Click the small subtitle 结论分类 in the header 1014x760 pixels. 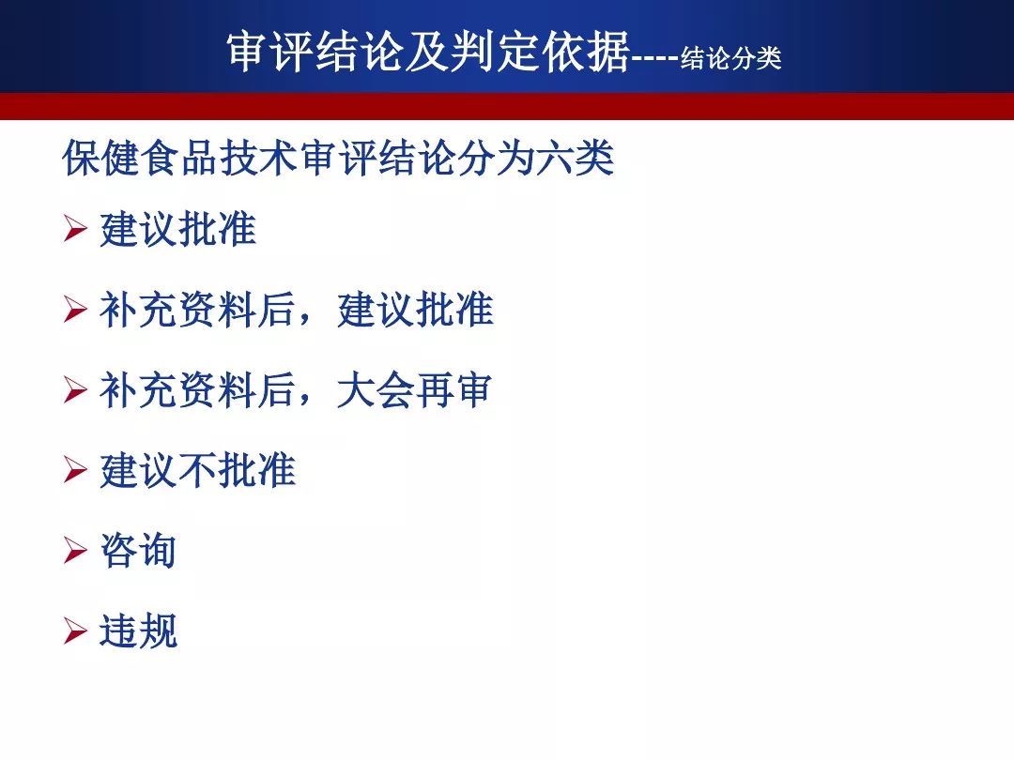point(730,59)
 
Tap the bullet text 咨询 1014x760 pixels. point(138,551)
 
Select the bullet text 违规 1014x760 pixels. point(138,631)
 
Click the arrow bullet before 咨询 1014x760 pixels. point(75,552)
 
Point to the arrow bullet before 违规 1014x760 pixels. point(75,631)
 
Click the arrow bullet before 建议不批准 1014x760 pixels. point(75,470)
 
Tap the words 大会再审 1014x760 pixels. point(415,390)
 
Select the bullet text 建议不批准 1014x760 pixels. point(197,470)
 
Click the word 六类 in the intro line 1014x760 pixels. point(575,159)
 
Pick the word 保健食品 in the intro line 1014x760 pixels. point(140,159)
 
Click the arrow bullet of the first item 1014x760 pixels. point(75,230)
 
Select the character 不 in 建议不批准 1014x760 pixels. point(197,470)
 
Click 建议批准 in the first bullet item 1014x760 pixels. point(177,230)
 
